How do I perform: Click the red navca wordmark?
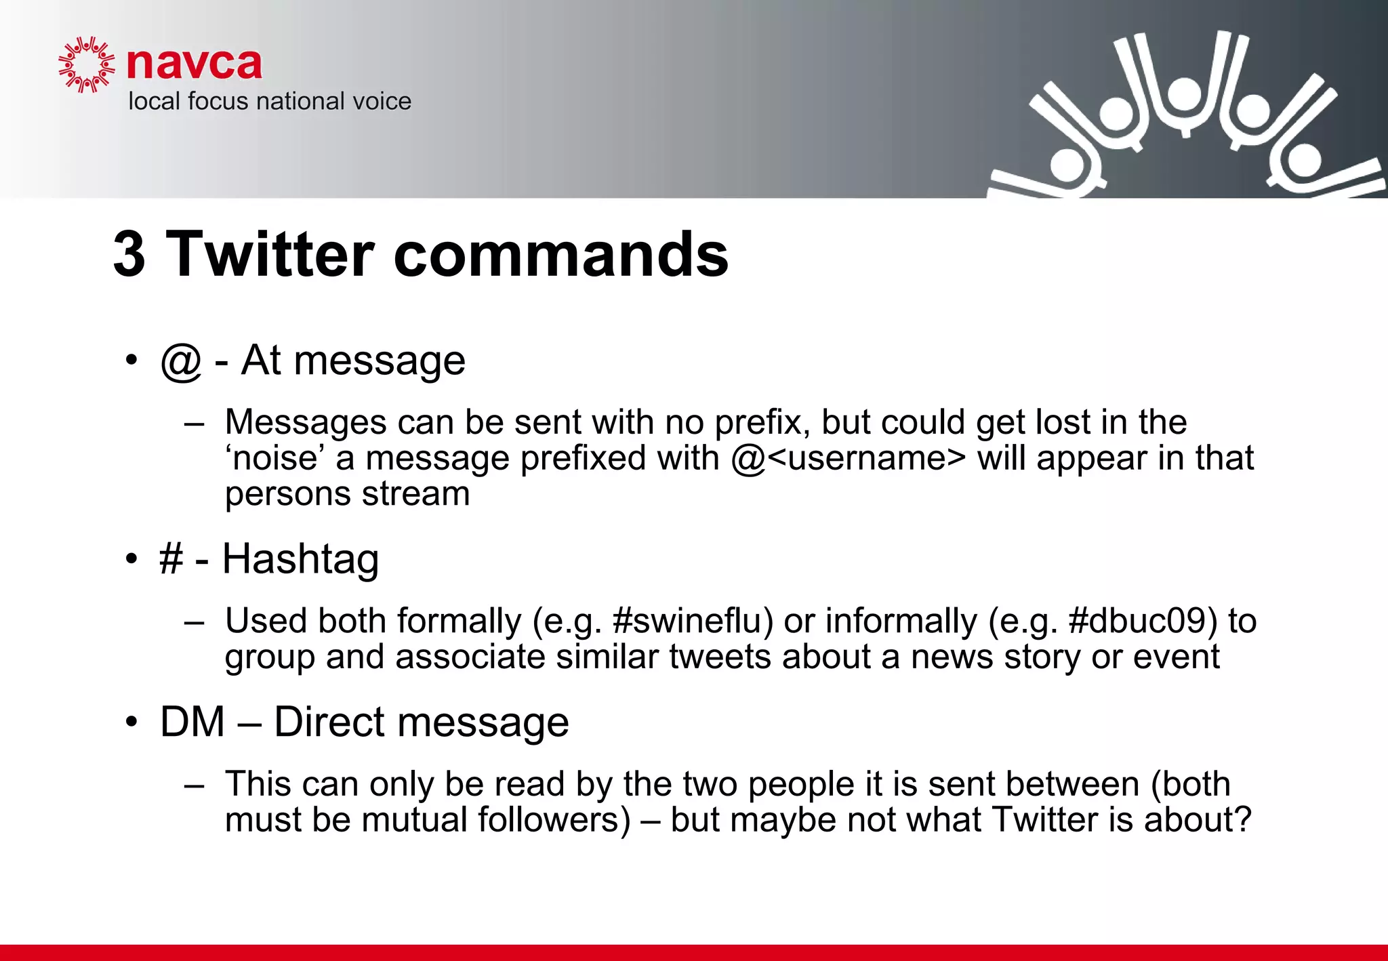point(194,64)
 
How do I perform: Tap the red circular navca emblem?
point(86,65)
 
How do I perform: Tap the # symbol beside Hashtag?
point(171,559)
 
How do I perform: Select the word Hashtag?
point(300,559)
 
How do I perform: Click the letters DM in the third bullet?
point(192,722)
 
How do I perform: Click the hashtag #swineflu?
point(693,621)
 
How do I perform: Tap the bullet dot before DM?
point(131,722)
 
